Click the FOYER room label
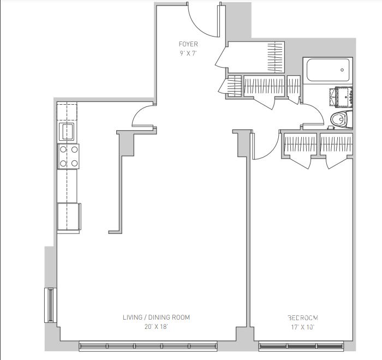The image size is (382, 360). pos(188,44)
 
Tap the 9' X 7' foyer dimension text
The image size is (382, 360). pos(188,53)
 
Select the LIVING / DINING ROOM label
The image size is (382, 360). pos(156,317)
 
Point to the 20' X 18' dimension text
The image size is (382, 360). pos(156,327)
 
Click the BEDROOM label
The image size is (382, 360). pos(303,318)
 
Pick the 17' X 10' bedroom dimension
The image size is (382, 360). pos(303,327)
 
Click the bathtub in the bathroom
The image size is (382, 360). pos(327,70)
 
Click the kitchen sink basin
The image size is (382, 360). pos(67,131)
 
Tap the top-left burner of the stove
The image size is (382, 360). pos(63,149)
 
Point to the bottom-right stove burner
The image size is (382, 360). pos(75,163)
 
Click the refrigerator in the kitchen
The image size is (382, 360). pos(69,217)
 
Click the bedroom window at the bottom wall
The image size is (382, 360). pos(301,346)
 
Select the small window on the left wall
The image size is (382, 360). pos(50,305)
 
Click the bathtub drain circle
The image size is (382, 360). pos(342,70)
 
